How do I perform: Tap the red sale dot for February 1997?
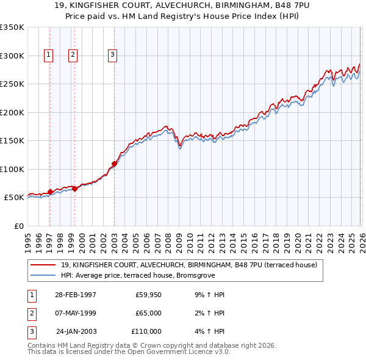click(50, 192)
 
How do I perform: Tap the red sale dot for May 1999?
click(74, 189)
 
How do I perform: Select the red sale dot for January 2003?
click(114, 164)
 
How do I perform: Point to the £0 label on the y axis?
click(18, 226)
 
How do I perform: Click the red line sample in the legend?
click(43, 265)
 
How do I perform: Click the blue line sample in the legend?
click(43, 275)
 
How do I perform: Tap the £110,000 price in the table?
click(146, 331)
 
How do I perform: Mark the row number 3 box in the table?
click(30, 331)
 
